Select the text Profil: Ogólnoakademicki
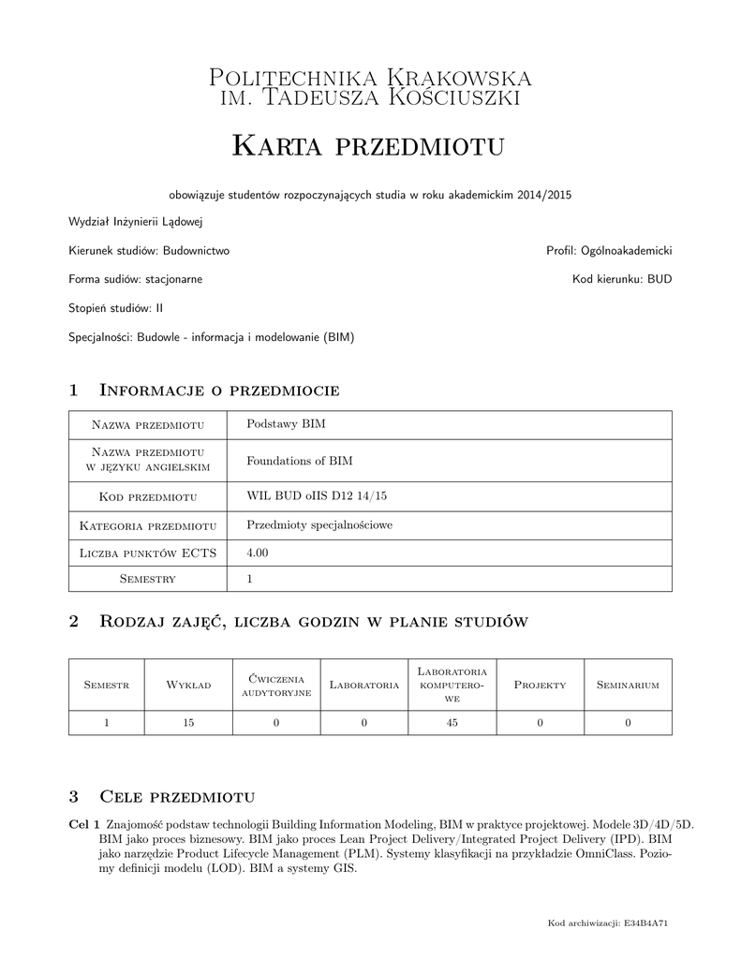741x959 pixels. tap(609, 251)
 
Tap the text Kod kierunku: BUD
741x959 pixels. tap(622, 279)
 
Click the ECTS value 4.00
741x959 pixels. tap(258, 553)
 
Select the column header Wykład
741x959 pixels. tap(189, 686)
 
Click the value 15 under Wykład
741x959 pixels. tap(188, 722)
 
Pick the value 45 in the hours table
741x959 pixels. tap(452, 722)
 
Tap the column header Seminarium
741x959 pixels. tap(628, 686)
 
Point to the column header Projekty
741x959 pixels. tap(541, 686)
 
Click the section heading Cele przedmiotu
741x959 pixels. tap(177, 797)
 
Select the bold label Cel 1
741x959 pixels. tap(84, 823)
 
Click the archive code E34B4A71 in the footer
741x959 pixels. tap(647, 923)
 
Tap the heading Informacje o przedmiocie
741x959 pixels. tap(218, 390)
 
